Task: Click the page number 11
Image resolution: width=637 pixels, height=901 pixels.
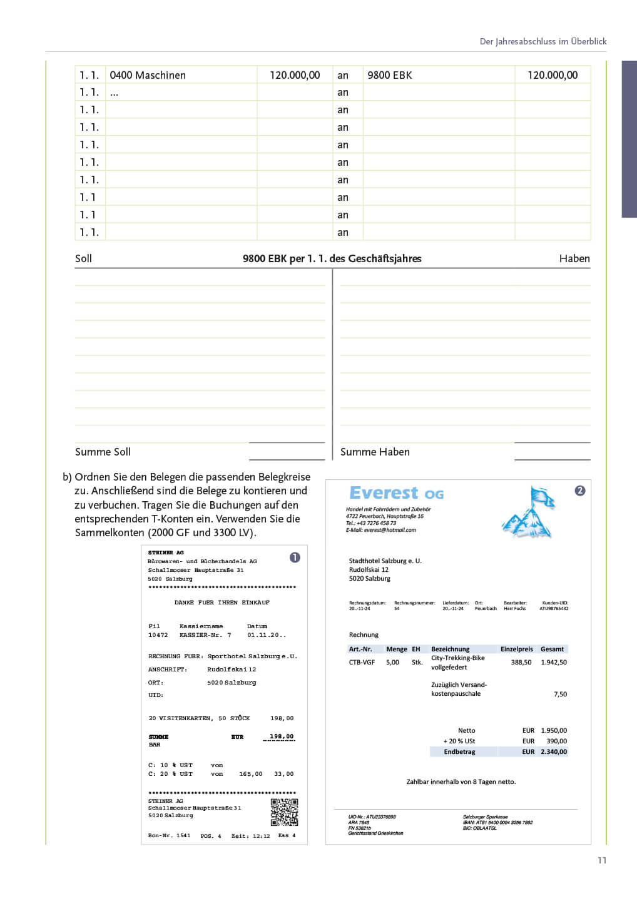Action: pyautogui.click(x=602, y=860)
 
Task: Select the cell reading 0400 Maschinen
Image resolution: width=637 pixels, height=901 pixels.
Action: pyautogui.click(x=148, y=75)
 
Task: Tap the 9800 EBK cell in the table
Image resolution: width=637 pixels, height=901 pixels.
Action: pyautogui.click(x=389, y=75)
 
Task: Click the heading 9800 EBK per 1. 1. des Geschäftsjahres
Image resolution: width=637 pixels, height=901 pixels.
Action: pyautogui.click(x=332, y=258)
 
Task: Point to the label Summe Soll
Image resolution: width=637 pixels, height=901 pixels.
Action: pyautogui.click(x=103, y=452)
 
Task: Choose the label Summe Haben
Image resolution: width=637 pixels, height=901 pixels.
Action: pyautogui.click(x=375, y=452)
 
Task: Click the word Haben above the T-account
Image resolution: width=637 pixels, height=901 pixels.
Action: pyautogui.click(x=574, y=258)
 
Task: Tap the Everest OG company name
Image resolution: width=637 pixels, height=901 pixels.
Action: pyautogui.click(x=396, y=493)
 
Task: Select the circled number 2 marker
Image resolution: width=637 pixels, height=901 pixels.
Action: pyautogui.click(x=580, y=491)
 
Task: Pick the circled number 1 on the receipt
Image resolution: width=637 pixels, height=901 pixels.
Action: pyautogui.click(x=295, y=557)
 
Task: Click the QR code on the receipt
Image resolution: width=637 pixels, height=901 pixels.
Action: pyautogui.click(x=284, y=812)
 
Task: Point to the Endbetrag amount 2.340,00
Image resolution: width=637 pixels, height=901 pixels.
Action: pyautogui.click(x=554, y=751)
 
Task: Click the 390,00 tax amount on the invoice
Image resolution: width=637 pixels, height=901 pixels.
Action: pyautogui.click(x=556, y=741)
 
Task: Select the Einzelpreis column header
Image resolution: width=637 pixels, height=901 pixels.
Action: pyautogui.click(x=516, y=649)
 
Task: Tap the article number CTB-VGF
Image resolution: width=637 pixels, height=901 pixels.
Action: pyautogui.click(x=362, y=662)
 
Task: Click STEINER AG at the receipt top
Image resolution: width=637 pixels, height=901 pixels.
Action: pyautogui.click(x=166, y=552)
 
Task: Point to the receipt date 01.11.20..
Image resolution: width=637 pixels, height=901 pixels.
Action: pyautogui.click(x=267, y=635)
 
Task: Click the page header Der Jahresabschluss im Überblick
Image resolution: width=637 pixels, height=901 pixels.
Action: pyautogui.click(x=543, y=41)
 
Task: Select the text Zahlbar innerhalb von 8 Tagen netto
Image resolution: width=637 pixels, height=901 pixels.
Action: pyautogui.click(x=461, y=781)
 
